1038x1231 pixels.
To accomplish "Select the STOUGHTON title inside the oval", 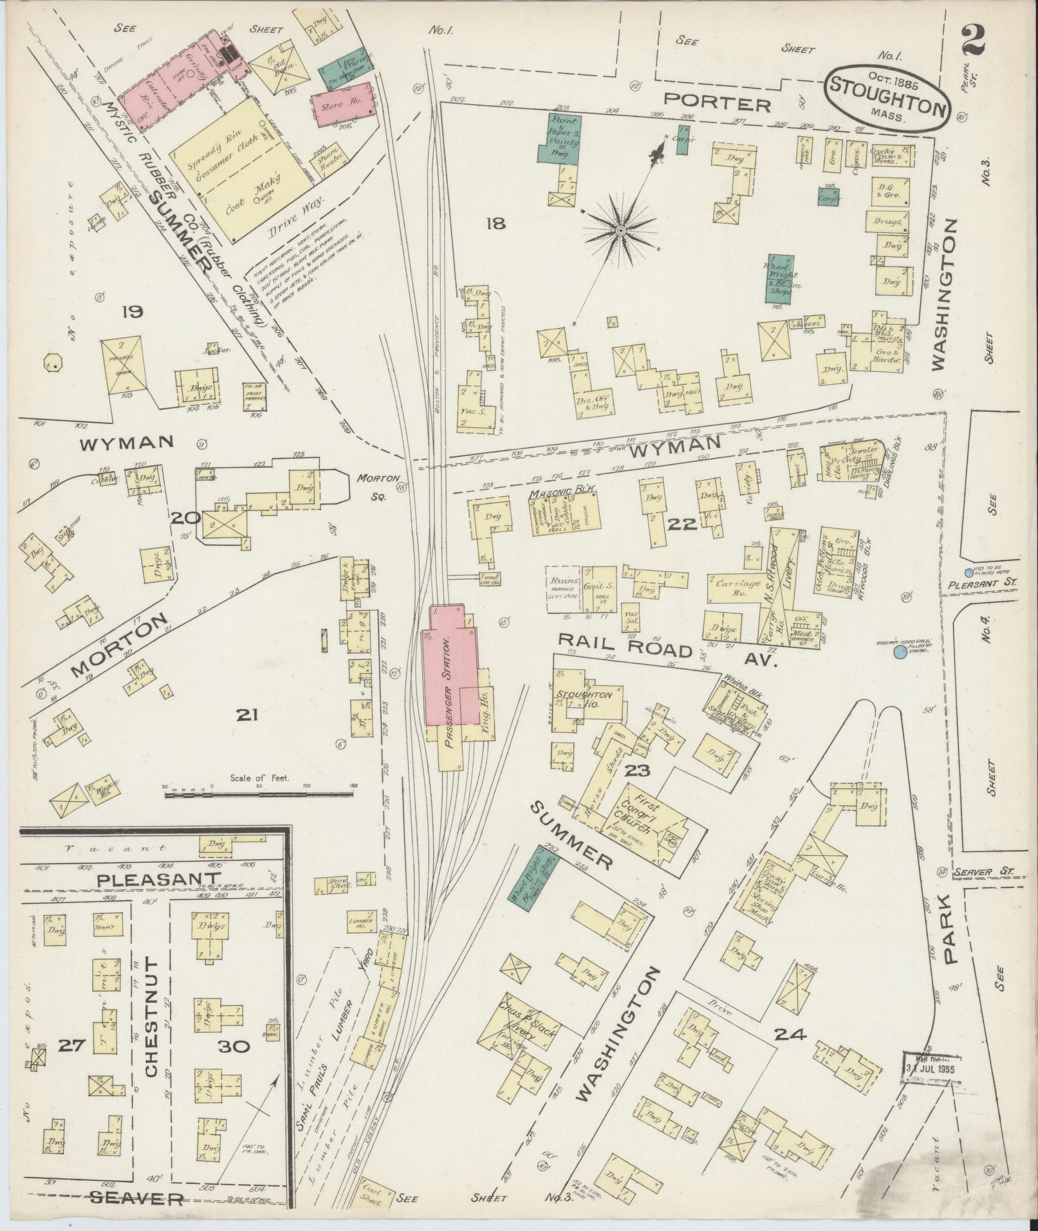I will [x=887, y=95].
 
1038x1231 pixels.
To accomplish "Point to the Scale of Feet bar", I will [x=260, y=795].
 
